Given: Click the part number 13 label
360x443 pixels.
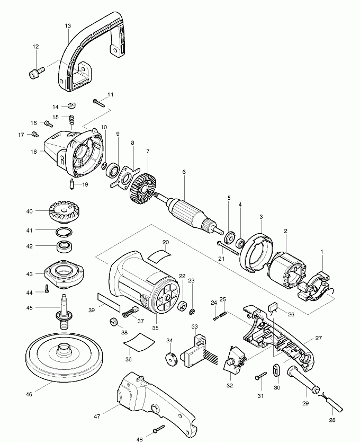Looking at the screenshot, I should [x=68, y=25].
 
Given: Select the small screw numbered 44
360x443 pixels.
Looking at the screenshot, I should [x=47, y=289].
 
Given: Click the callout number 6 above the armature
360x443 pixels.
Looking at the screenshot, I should [x=184, y=172].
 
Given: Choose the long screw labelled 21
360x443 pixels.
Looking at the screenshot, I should [x=227, y=244].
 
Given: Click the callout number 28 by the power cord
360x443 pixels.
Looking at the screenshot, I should [x=332, y=420].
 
